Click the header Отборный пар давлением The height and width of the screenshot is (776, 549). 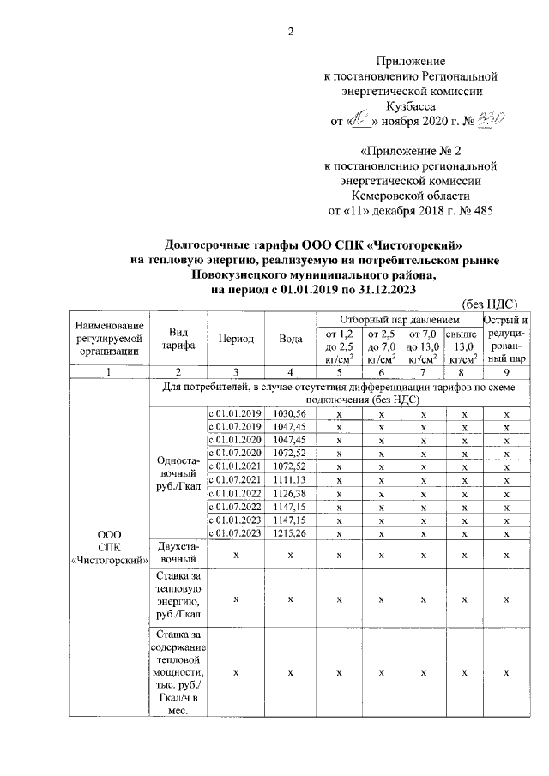[x=399, y=320]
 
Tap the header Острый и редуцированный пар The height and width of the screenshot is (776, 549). [x=507, y=339]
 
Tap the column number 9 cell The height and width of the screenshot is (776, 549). [x=507, y=373]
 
